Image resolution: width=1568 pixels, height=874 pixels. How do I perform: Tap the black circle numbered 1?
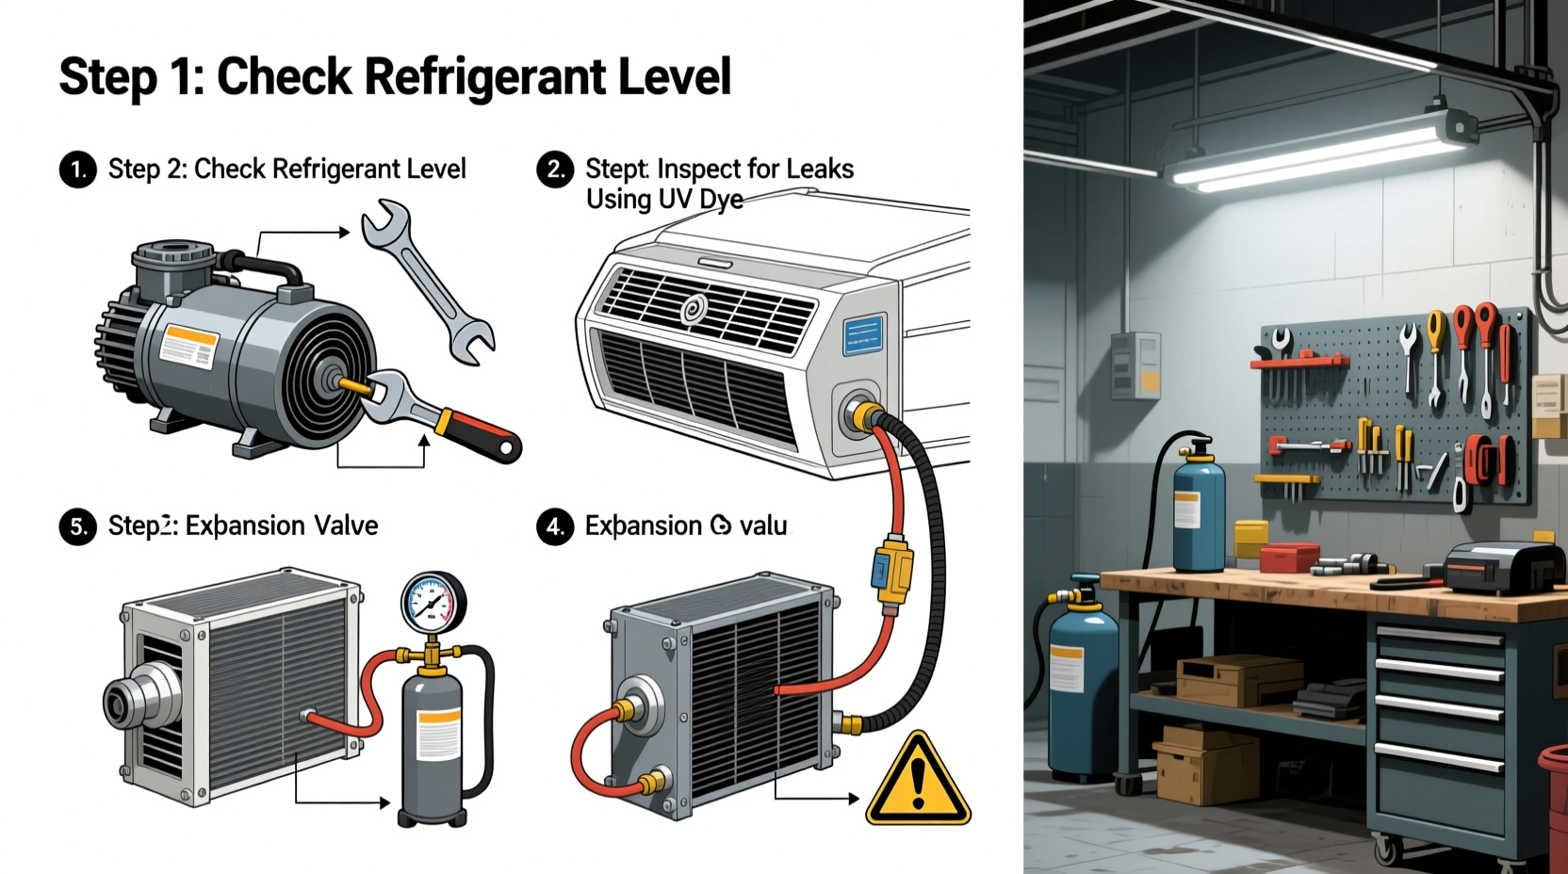click(x=78, y=170)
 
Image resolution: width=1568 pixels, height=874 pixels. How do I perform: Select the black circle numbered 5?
click(x=78, y=526)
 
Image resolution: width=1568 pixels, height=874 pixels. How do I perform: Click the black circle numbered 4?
click(x=555, y=526)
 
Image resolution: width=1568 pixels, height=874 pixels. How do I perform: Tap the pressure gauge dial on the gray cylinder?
click(x=433, y=603)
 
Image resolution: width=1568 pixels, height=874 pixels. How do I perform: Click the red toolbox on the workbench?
click(x=1289, y=558)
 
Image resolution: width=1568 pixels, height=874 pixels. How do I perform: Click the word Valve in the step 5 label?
click(x=346, y=526)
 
